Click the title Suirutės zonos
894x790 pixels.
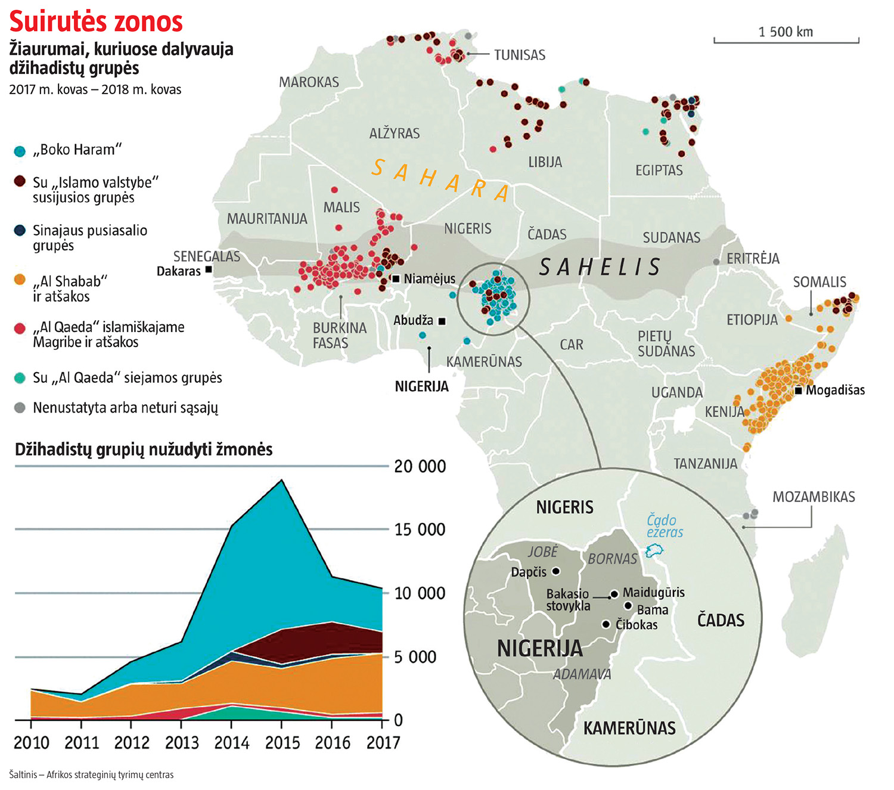(x=96, y=22)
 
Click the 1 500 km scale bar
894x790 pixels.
(x=786, y=41)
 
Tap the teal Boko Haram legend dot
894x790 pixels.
(x=20, y=151)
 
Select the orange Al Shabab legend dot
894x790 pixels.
(x=20, y=280)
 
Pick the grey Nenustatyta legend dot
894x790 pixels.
(x=20, y=408)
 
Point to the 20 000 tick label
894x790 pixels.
(x=420, y=466)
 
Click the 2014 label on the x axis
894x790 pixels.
(x=232, y=743)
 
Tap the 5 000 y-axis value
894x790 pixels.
(x=420, y=657)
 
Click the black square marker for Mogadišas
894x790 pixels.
(x=799, y=391)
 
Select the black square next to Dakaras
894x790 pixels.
(x=209, y=270)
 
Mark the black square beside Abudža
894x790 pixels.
(x=442, y=321)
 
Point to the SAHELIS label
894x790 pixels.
(x=600, y=267)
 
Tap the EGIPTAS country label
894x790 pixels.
(x=659, y=171)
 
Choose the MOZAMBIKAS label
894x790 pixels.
(x=814, y=497)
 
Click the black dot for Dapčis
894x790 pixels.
(x=556, y=571)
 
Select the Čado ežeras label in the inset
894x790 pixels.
(x=665, y=526)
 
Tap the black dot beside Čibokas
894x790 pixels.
(x=606, y=624)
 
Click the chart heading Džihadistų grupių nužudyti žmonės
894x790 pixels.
(x=144, y=449)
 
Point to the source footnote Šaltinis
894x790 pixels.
(x=91, y=775)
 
